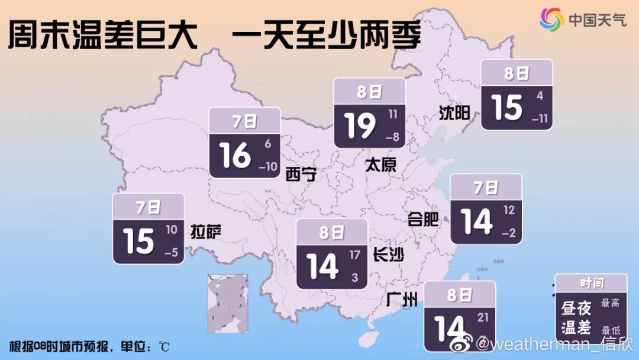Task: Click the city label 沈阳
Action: coord(454,112)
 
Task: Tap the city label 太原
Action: coord(380,165)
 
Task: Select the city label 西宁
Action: coord(301,174)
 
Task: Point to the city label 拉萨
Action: coord(206,232)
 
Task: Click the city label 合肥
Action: coord(423,220)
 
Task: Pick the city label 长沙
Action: coord(389,255)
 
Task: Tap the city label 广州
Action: coord(401,300)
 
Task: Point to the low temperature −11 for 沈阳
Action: coord(540,118)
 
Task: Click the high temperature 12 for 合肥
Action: coord(509,210)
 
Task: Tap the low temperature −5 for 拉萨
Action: coord(171,253)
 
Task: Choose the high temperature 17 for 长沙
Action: coord(354,256)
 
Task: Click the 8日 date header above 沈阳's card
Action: coord(517,73)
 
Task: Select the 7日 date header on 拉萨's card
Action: coord(148,207)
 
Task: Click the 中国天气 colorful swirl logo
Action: coord(552,20)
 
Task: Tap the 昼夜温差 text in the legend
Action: coord(576,317)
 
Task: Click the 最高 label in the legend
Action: coord(610,303)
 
